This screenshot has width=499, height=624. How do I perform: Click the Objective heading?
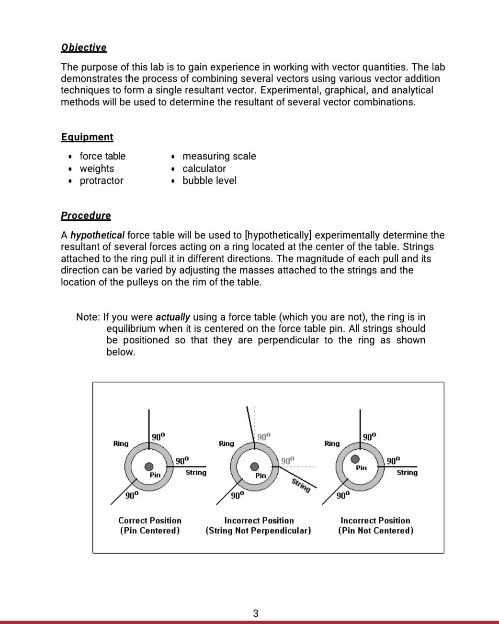[x=84, y=47]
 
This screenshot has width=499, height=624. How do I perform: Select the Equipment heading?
[x=87, y=137]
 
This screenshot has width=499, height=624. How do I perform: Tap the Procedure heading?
[x=86, y=216]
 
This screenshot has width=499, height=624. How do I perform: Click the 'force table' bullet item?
[x=102, y=156]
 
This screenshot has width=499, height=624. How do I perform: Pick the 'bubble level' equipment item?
[x=209, y=181]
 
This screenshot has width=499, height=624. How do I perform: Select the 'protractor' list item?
[x=102, y=181]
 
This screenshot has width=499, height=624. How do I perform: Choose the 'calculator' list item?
[x=204, y=169]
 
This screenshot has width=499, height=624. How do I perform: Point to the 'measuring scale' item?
[x=219, y=156]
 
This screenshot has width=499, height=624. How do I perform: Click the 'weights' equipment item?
[x=97, y=169]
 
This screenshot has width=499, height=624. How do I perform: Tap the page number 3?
[x=255, y=613]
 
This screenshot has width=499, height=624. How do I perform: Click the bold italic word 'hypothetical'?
[x=97, y=235]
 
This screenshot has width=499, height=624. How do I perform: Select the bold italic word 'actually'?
[x=173, y=317]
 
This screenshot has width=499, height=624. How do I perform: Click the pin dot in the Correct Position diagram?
[x=149, y=466]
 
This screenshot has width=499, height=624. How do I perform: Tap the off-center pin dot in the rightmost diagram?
[x=355, y=459]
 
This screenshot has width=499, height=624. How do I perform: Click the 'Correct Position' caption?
[x=150, y=520]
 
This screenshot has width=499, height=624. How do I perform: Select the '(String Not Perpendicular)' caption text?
[x=258, y=531]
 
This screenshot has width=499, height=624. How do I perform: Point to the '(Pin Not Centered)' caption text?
[x=375, y=531]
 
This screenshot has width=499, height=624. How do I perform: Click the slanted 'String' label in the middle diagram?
[x=301, y=485]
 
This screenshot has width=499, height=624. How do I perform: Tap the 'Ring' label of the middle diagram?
[x=227, y=443]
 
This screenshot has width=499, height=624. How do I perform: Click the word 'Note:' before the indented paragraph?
[x=88, y=317]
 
